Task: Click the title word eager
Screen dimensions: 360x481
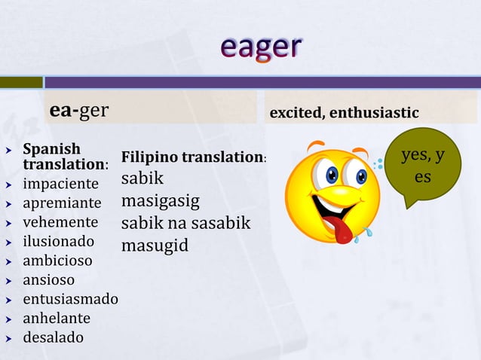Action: [x=261, y=47]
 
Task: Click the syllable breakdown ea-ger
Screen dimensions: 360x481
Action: [x=79, y=111]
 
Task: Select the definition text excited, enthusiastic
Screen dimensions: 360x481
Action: [x=343, y=112]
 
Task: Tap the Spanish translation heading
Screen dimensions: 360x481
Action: [x=65, y=154]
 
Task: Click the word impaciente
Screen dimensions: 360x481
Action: [x=60, y=184]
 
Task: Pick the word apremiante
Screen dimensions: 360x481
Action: [x=62, y=203]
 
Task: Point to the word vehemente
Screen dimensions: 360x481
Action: [x=60, y=222]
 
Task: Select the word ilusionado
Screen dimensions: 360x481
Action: [x=59, y=242]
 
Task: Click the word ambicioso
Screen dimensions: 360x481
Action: [x=58, y=261]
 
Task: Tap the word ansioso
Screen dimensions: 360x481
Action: [x=49, y=280]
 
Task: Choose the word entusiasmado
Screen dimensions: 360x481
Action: [x=70, y=299]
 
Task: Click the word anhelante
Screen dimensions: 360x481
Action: [x=57, y=318]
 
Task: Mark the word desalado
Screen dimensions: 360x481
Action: [x=54, y=337]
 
